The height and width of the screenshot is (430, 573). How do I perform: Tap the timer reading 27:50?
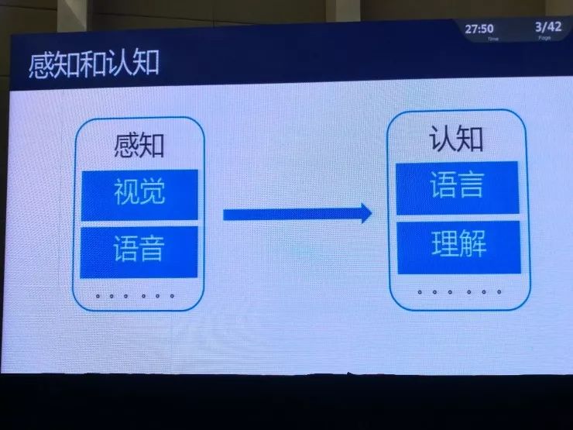pos(479,29)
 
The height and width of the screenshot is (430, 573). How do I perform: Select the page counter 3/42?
pos(547,28)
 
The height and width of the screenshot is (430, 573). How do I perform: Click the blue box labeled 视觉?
pos(139,194)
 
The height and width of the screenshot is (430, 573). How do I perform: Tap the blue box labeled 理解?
pos(458,246)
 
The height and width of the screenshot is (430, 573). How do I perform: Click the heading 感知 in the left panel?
pos(139,146)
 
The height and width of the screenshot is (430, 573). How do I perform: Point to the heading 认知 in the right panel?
pos(457,140)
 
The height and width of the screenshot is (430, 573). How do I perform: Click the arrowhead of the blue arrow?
pos(362,214)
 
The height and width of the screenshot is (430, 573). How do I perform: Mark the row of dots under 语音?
pos(134,296)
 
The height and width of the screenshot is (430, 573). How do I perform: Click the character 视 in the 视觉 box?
pos(126,193)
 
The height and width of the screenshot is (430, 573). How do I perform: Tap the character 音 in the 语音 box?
pos(153,249)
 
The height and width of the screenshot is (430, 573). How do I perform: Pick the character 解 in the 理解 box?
pos(472,245)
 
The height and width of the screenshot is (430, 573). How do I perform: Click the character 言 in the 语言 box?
pos(471,187)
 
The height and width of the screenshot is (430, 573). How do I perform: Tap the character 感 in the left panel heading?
pos(127,146)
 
